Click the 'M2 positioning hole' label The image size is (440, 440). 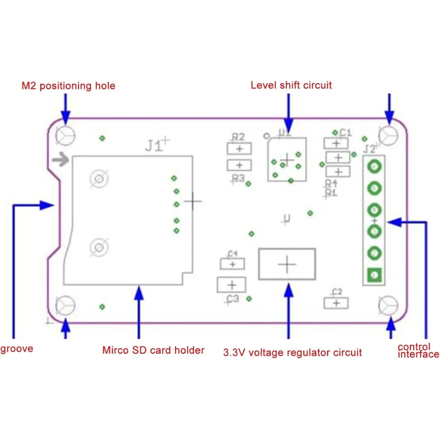click(x=68, y=86)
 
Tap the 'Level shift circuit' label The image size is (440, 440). click(x=291, y=85)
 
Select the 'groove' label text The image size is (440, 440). click(x=17, y=349)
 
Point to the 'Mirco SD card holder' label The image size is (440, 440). click(x=153, y=350)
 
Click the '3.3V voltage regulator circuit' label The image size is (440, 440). click(x=293, y=352)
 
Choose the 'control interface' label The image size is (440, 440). click(x=418, y=351)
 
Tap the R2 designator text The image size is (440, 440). click(x=238, y=137)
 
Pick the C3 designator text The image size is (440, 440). click(x=233, y=299)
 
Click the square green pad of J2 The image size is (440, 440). click(x=375, y=275)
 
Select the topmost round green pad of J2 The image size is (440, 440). click(x=374, y=167)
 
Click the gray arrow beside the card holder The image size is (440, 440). click(x=60, y=159)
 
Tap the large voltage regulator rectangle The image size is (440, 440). click(x=287, y=264)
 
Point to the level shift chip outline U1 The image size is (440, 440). click(x=287, y=160)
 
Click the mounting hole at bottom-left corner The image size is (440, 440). click(x=65, y=305)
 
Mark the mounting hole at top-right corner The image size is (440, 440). click(x=388, y=135)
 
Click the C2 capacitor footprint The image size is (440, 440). click(x=336, y=303)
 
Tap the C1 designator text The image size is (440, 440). click(x=345, y=132)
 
